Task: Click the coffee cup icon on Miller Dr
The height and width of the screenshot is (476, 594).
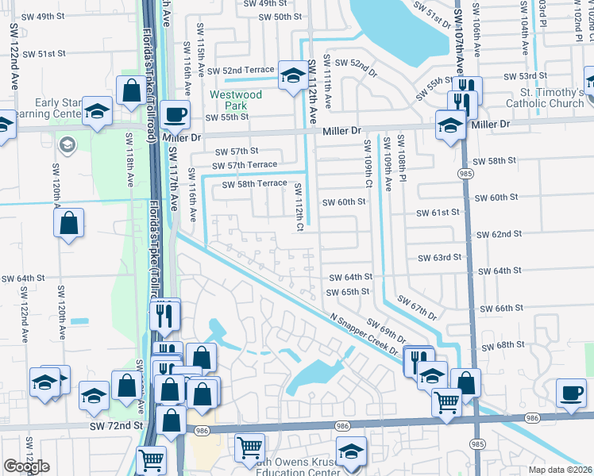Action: tap(175, 114)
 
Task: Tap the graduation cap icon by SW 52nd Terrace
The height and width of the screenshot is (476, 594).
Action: tap(292, 75)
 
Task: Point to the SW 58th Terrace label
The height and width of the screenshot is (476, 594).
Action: tap(254, 184)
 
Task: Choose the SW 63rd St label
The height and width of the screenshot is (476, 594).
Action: tap(439, 258)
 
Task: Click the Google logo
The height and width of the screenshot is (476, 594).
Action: tap(26, 466)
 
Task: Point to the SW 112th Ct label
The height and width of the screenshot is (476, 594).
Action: tap(299, 202)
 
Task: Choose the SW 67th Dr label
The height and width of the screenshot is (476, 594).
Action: tap(418, 308)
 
